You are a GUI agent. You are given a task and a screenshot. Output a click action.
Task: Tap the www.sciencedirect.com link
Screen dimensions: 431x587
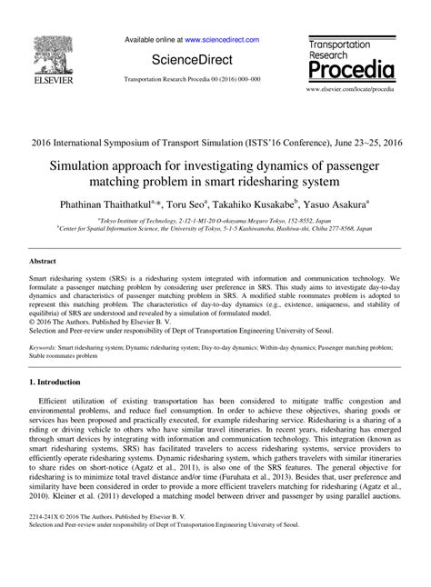tap(222, 40)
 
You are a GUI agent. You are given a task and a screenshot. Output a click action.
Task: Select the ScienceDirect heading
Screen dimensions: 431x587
tap(193, 59)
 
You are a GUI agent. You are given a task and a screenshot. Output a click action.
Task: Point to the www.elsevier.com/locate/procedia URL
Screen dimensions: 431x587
tap(351, 91)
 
